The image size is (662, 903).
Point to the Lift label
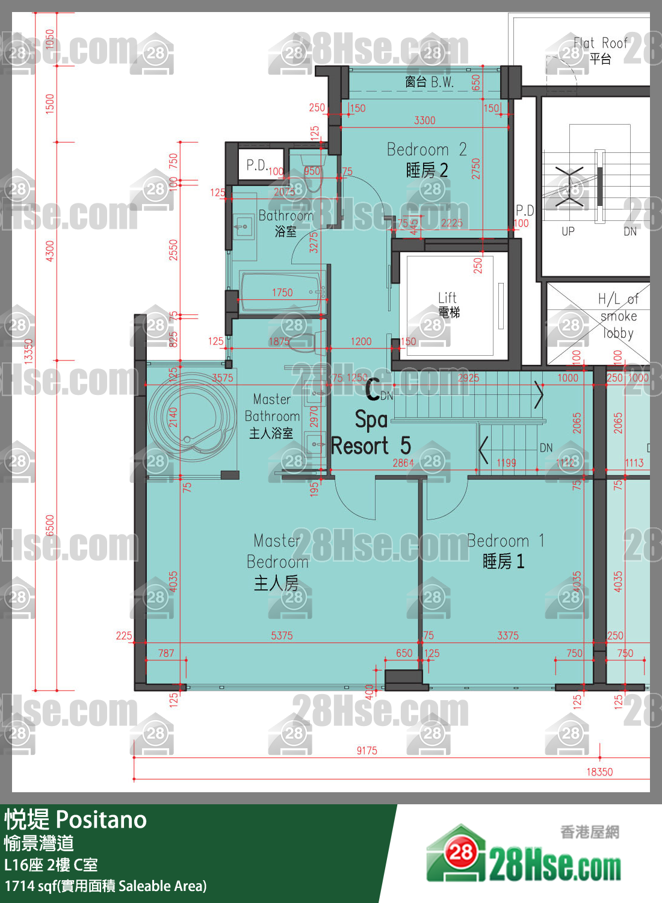[448, 304]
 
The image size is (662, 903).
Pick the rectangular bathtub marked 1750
[282, 293]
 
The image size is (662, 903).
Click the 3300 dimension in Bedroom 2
[424, 120]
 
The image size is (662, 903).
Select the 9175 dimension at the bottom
[367, 751]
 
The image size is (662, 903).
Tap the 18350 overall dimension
[599, 772]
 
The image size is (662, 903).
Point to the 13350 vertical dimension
[28, 350]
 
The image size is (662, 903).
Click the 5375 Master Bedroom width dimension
[282, 636]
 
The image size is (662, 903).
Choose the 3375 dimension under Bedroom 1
[507, 636]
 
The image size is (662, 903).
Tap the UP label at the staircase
[568, 232]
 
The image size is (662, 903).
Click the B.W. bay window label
[429, 82]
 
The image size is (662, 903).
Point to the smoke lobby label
[618, 316]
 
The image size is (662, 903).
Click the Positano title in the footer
[76, 820]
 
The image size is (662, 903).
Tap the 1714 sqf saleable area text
[106, 886]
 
